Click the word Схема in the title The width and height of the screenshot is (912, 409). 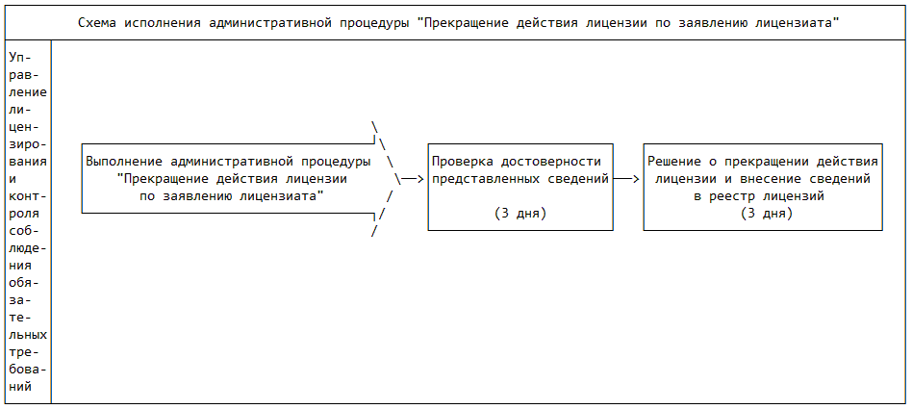[96, 23]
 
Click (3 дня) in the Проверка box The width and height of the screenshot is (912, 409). [520, 214]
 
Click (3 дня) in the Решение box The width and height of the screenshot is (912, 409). [767, 214]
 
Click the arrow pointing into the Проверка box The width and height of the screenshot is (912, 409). [413, 179]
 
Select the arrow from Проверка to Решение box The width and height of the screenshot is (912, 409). [626, 179]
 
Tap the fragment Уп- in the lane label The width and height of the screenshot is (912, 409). [21, 58]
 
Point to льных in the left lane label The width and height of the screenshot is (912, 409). [29, 335]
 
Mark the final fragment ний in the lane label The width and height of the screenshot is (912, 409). [21, 386]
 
